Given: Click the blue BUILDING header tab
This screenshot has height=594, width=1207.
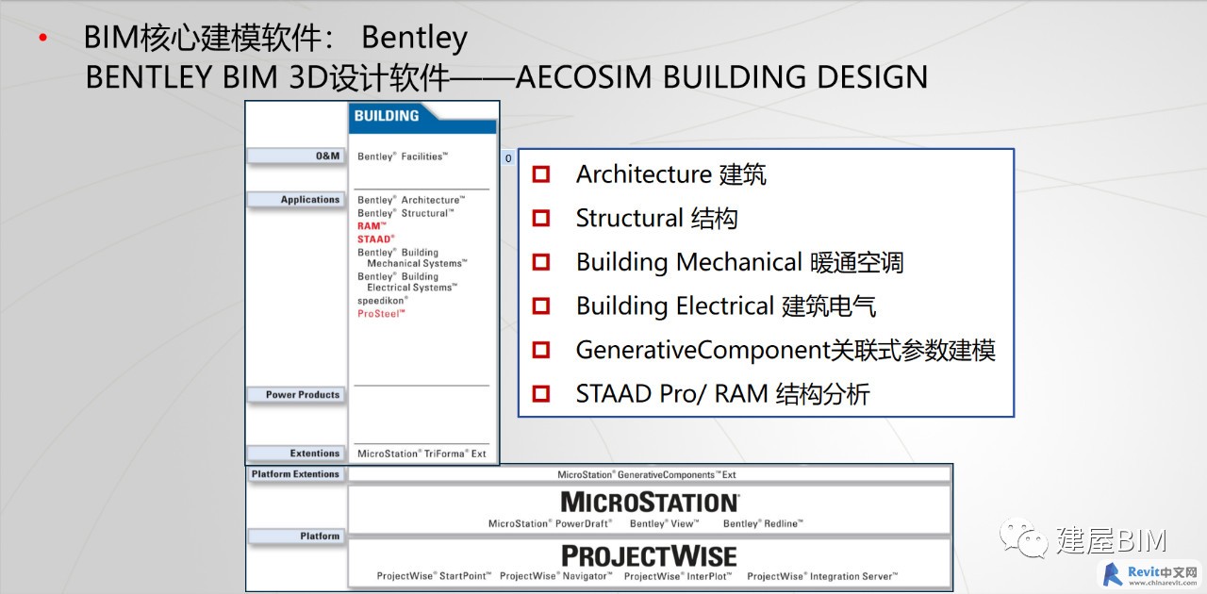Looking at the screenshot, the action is click(422, 118).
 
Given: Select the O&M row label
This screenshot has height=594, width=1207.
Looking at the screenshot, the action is click(327, 156).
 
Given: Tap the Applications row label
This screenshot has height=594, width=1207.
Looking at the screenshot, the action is click(310, 200).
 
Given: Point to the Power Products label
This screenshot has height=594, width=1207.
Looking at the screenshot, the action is click(303, 394).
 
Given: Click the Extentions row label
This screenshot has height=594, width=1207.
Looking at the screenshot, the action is click(315, 454).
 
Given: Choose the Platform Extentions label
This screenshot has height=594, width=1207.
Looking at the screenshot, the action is click(295, 474).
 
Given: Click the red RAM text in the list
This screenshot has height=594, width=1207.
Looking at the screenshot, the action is click(372, 226).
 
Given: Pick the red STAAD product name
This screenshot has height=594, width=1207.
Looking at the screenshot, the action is click(375, 239).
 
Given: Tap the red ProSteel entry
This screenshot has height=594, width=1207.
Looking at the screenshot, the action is click(381, 314).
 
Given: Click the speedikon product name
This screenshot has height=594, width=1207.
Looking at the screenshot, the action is click(383, 300).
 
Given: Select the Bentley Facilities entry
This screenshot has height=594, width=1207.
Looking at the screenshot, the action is click(403, 157).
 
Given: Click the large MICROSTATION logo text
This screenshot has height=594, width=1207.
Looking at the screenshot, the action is click(650, 502).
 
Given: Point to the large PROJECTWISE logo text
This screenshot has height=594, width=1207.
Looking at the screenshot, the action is click(649, 555).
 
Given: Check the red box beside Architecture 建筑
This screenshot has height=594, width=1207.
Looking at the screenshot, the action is click(541, 174).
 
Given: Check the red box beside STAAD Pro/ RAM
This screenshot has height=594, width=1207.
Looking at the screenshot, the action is click(541, 393).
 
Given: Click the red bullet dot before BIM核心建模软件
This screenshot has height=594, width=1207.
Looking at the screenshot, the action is click(43, 38).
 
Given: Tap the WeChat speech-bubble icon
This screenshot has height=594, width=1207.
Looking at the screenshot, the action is click(1023, 537).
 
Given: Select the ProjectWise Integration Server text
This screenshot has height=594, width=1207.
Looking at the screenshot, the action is click(822, 576).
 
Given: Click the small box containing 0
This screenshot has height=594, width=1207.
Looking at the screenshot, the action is click(508, 158).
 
